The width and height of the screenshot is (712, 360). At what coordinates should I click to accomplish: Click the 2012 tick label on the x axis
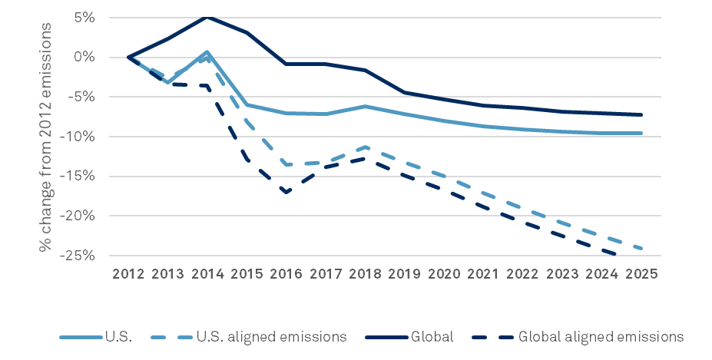click(128, 273)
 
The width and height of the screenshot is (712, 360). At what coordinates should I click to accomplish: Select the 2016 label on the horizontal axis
click(286, 273)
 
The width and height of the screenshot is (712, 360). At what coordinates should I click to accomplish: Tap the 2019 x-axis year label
click(405, 273)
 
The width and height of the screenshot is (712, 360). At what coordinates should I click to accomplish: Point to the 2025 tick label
click(642, 273)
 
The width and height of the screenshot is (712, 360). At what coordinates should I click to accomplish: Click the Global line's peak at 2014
click(207, 16)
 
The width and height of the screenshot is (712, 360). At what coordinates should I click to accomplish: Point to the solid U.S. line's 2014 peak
click(207, 52)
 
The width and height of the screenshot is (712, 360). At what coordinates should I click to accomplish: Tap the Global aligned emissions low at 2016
click(286, 192)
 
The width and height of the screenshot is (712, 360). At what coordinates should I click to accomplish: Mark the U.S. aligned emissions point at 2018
click(366, 147)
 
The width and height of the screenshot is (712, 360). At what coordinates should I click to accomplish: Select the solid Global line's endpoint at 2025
click(642, 115)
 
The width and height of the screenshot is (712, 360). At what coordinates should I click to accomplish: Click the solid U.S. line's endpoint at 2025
click(642, 134)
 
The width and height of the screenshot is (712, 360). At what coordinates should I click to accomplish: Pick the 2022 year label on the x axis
click(524, 273)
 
